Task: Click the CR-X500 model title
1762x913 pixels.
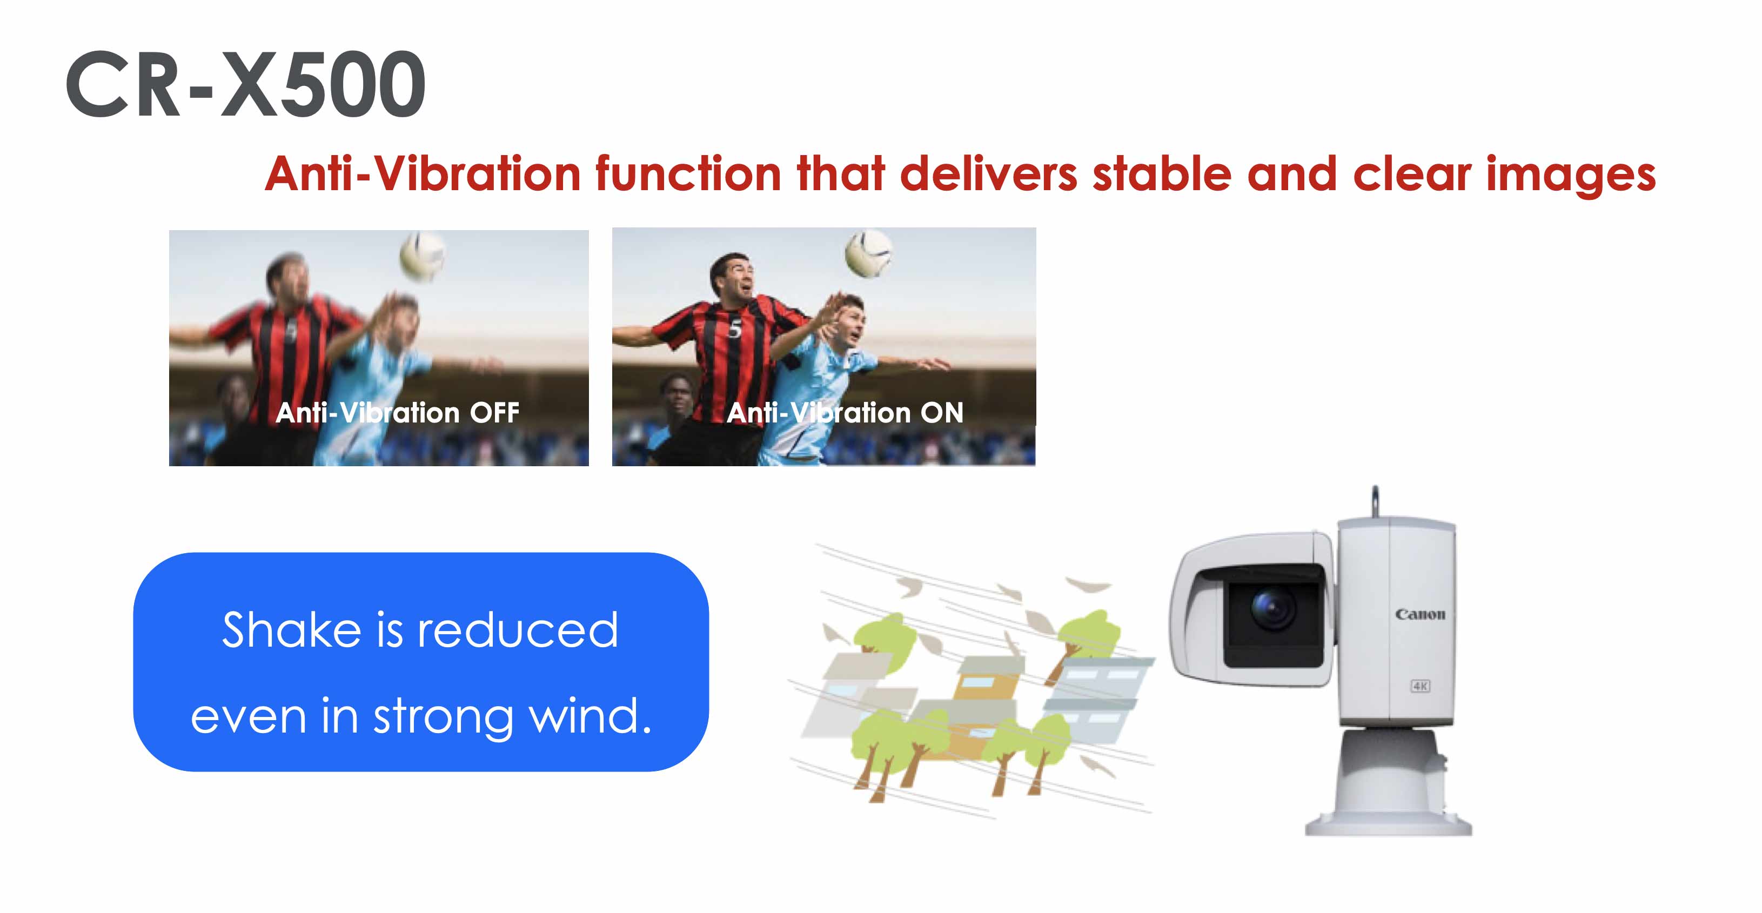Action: [245, 84]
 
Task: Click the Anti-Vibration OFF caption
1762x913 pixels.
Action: [397, 412]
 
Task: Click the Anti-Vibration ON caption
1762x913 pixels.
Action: [845, 412]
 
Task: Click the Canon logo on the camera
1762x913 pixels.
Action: [1420, 614]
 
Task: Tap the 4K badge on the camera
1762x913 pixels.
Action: [1420, 686]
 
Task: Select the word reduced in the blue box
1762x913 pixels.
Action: [518, 629]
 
